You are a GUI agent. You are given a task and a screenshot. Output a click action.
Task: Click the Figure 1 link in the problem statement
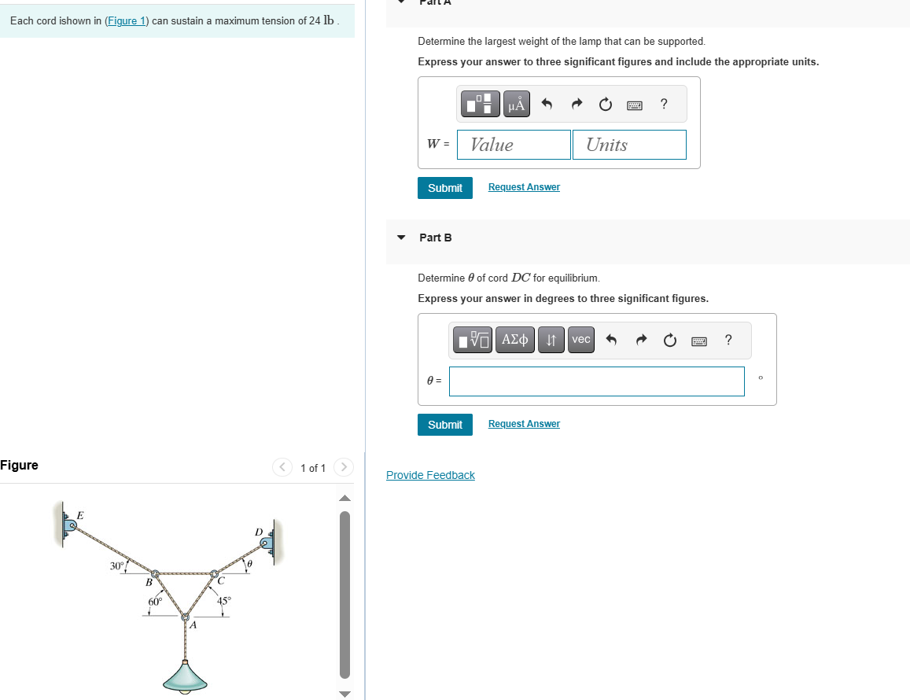pyautogui.click(x=126, y=21)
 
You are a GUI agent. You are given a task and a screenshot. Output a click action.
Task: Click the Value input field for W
pyautogui.click(x=514, y=145)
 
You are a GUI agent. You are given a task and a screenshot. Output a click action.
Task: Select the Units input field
pyautogui.click(x=629, y=145)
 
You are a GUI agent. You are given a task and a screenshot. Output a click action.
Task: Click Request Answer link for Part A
pyautogui.click(x=524, y=187)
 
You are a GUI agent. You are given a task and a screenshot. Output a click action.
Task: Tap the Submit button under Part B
pyautogui.click(x=445, y=425)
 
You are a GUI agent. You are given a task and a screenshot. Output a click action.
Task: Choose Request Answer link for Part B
pyautogui.click(x=524, y=424)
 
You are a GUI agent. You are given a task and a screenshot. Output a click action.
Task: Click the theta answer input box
pyautogui.click(x=597, y=381)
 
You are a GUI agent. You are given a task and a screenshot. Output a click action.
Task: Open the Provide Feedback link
pyautogui.click(x=430, y=475)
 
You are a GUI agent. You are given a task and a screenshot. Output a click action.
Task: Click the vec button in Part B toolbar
pyautogui.click(x=581, y=340)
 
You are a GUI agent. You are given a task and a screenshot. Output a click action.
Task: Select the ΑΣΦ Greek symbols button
pyautogui.click(x=514, y=340)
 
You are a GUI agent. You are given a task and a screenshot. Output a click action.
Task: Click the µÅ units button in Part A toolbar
pyautogui.click(x=516, y=104)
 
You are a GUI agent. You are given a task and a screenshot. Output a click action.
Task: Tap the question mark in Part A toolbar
pyautogui.click(x=664, y=104)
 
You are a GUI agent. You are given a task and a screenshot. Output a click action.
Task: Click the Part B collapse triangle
pyautogui.click(x=402, y=238)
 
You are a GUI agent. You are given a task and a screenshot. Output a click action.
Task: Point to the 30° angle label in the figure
pyautogui.click(x=117, y=566)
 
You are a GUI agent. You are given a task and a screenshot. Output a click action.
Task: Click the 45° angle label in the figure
pyautogui.click(x=224, y=601)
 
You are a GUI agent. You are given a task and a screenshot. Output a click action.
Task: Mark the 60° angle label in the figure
pyautogui.click(x=155, y=602)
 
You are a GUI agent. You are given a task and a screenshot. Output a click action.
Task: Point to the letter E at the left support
pyautogui.click(x=79, y=516)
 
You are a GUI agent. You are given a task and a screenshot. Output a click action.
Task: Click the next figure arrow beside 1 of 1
pyautogui.click(x=344, y=468)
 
